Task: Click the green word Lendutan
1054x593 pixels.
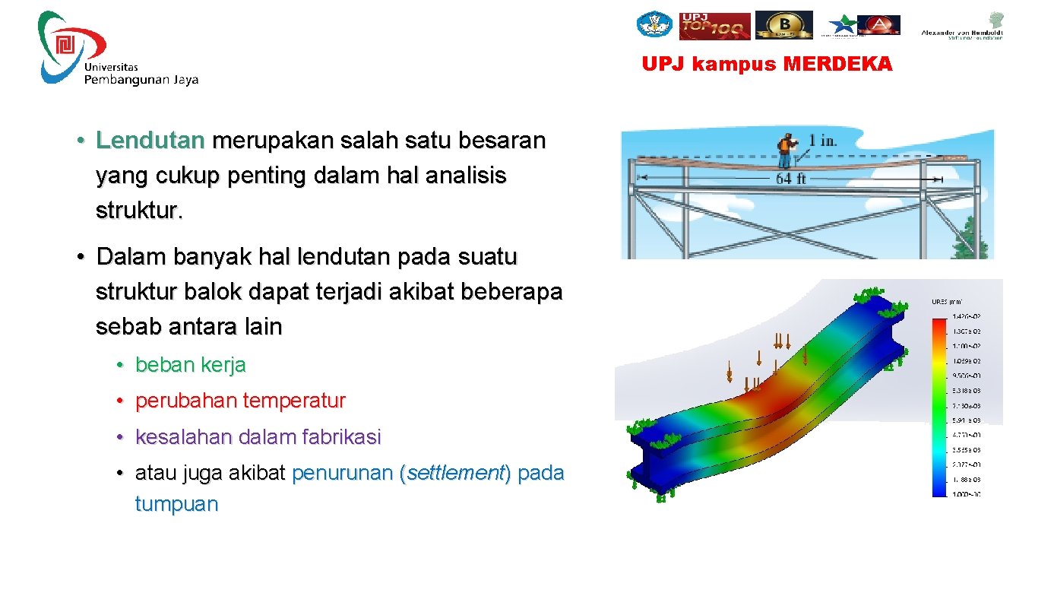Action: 150,141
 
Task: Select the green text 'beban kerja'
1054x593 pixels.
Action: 190,365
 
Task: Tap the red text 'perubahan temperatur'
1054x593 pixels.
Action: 240,401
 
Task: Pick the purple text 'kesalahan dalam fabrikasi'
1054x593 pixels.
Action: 258,437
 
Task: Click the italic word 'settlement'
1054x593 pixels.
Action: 455,474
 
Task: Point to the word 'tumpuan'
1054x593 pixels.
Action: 176,504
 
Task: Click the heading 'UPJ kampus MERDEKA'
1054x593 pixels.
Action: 767,65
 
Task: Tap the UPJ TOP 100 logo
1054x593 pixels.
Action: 714,25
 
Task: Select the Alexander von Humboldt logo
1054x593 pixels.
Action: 962,26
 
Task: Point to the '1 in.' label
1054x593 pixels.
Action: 824,141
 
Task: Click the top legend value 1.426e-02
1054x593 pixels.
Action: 967,316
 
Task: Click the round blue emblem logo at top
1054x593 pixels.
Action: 654,24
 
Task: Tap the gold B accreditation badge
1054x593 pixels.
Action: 783,24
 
